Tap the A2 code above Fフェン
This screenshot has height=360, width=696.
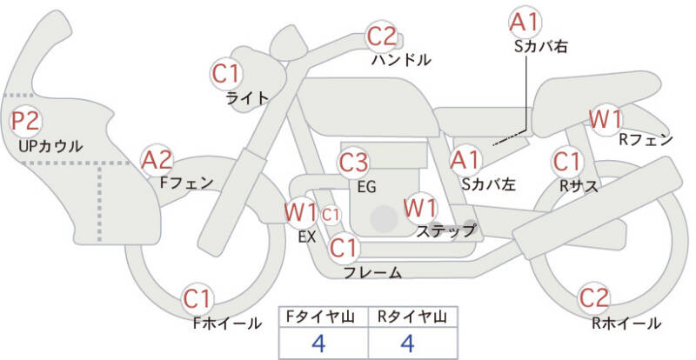point(157,160)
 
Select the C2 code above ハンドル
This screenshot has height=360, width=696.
point(382,37)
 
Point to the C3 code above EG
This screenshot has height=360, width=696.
point(354,163)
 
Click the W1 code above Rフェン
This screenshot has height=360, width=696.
point(605,118)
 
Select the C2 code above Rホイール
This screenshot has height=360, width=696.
point(595,298)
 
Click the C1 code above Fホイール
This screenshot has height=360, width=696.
point(198,300)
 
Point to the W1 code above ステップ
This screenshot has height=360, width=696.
point(420,208)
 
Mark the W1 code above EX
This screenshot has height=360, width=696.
point(300,212)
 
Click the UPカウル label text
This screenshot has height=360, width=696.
point(50,146)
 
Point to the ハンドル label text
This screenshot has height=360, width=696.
point(401,60)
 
